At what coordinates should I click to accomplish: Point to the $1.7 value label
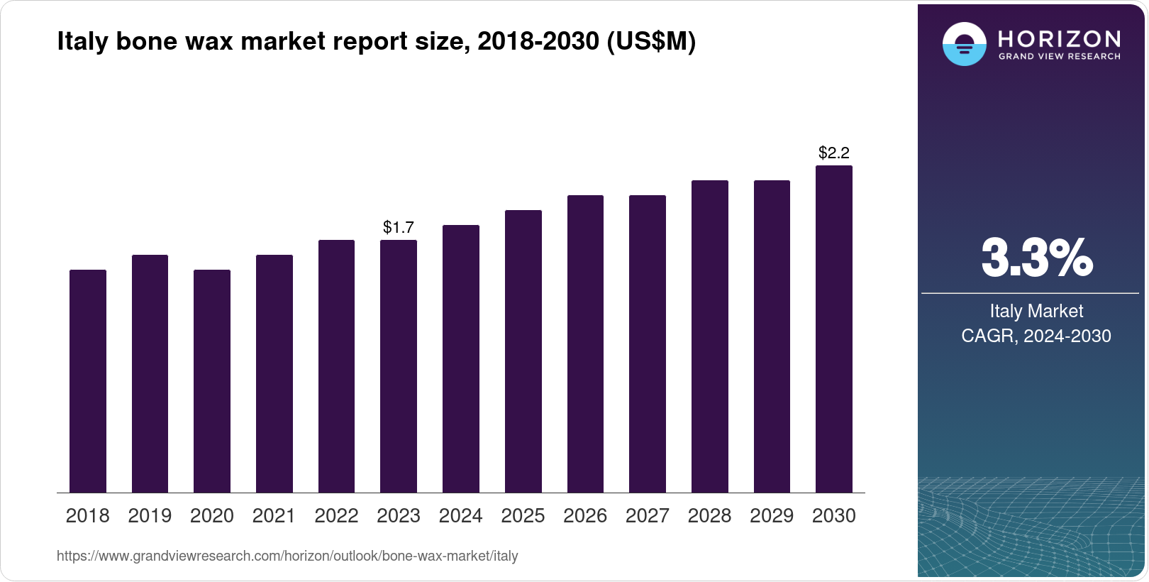[x=399, y=227]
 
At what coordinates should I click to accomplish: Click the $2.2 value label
[x=834, y=153]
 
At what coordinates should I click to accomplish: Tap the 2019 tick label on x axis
[x=150, y=516]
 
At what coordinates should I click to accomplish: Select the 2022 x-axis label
[x=336, y=516]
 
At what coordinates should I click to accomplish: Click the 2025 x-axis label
[x=523, y=516]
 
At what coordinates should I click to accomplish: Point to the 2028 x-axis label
[x=709, y=516]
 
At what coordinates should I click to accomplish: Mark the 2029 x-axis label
[x=772, y=516]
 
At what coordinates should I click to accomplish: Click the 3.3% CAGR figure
[x=1036, y=258]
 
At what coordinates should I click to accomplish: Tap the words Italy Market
[x=1036, y=311]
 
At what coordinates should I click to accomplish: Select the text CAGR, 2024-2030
[x=1036, y=336]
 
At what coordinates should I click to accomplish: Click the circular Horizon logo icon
[x=964, y=44]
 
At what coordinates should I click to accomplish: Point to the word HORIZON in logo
[x=1060, y=38]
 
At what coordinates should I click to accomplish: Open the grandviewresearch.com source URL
[x=287, y=556]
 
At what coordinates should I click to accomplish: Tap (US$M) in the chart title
[x=651, y=42]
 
